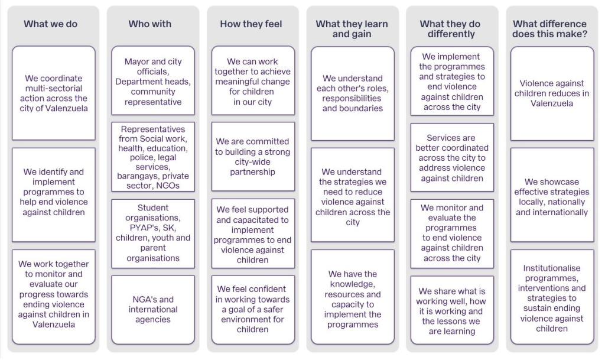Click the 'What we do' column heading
pos(51,24)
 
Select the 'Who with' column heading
pos(150,24)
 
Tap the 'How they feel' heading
pos(251,24)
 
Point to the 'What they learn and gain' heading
pos(352,29)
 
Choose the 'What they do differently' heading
pos(450,29)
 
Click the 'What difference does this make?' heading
pos(550,29)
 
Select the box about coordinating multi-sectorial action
pos(54,93)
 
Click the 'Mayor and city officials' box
pos(153,80)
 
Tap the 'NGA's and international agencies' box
pos(153,309)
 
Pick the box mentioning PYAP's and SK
pos(153,233)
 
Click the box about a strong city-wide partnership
pos(253,157)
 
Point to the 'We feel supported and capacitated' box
pos(253,233)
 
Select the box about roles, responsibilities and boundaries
pos(353,93)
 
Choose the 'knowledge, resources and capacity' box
pos(353,297)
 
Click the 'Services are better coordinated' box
pos(452,157)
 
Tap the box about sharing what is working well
pos(452,310)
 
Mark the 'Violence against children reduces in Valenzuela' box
pos(552,93)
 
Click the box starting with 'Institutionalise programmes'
pos(552,297)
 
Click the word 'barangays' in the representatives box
pos(135,176)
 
